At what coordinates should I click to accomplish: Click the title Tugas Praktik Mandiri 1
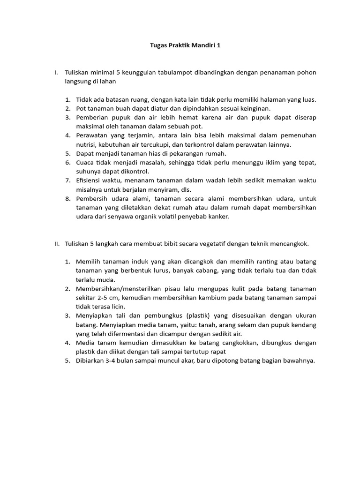tap(180, 46)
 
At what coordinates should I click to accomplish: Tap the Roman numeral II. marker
tap(56, 244)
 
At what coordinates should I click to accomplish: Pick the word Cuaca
tap(85, 162)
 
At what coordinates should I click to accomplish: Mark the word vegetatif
tap(212, 244)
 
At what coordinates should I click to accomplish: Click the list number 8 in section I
tap(68, 199)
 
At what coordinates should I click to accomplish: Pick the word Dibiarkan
tap(92, 360)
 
